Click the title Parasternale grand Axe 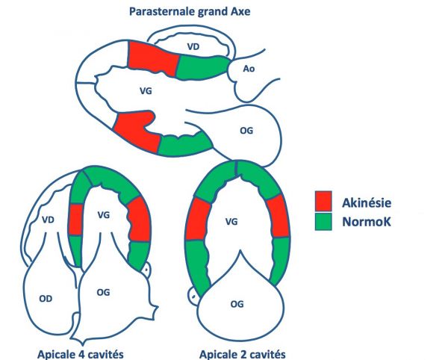point(190,12)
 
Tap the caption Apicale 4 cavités point(81,354)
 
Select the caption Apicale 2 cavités point(242,354)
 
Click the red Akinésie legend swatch point(323,201)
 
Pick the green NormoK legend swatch point(323,221)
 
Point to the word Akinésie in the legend point(367,202)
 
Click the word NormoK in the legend point(367,222)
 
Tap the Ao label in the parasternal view point(249,69)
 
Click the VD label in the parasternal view point(193,46)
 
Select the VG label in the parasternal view point(146,91)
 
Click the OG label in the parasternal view point(246,131)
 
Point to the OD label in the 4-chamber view point(46,299)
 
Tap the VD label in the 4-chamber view point(48,220)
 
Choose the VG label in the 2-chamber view point(231,222)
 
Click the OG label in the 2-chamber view point(237,304)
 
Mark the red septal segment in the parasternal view point(153,58)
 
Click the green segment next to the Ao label point(202,67)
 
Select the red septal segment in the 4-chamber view point(76,220)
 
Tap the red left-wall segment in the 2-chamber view point(199,220)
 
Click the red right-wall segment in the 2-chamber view point(278,216)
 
